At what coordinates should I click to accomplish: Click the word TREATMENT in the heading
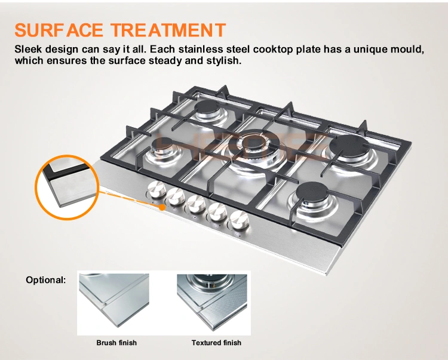[169, 29]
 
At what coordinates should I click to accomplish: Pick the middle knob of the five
[194, 204]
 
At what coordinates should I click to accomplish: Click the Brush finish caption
[116, 343]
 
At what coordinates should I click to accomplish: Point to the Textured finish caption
[216, 343]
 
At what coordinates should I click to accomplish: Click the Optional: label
[46, 279]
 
